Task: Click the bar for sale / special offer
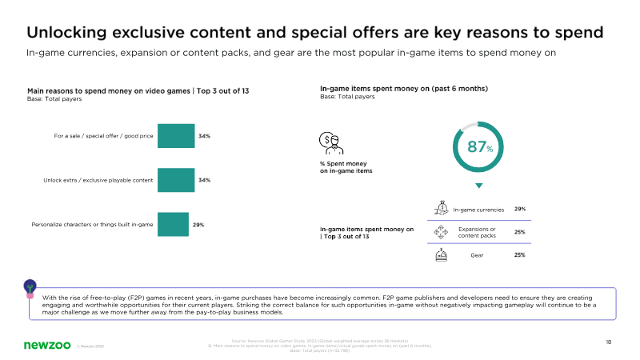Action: pyautogui.click(x=176, y=136)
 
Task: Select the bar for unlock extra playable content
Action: pyautogui.click(x=176, y=180)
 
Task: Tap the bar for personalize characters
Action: pyautogui.click(x=173, y=225)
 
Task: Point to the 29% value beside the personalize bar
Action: pyautogui.click(x=198, y=225)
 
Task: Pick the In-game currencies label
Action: pyautogui.click(x=478, y=210)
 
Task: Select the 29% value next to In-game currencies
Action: pyautogui.click(x=520, y=210)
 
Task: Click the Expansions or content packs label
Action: pyautogui.click(x=478, y=232)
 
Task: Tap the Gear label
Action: pyautogui.click(x=478, y=255)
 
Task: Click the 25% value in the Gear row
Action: pyautogui.click(x=520, y=255)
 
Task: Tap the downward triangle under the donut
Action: pyautogui.click(x=479, y=186)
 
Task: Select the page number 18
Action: pyautogui.click(x=609, y=342)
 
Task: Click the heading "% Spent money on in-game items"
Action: pyautogui.click(x=346, y=167)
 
